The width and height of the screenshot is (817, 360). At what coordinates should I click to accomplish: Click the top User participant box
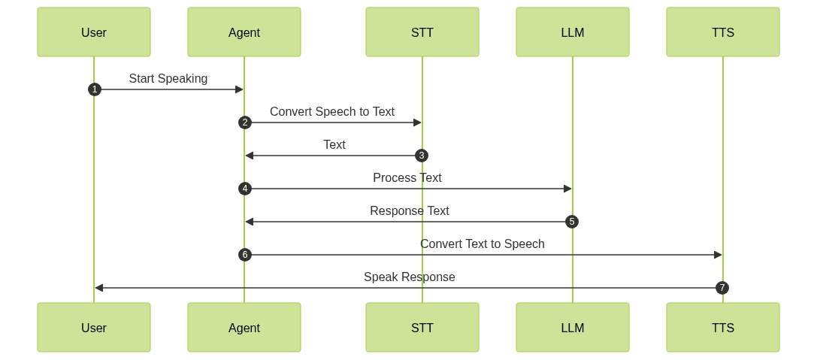coord(94,32)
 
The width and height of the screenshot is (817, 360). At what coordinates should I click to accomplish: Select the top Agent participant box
coord(244,32)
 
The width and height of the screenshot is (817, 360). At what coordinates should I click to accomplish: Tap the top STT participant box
coord(422,32)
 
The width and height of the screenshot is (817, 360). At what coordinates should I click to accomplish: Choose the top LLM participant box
coord(573,32)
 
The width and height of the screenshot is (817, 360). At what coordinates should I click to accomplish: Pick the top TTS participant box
coord(723,32)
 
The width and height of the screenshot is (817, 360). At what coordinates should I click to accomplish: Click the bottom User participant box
coord(94,328)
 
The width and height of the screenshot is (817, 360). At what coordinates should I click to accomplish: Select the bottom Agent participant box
coord(244,328)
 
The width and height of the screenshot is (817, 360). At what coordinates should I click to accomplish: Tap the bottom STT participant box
coord(422,328)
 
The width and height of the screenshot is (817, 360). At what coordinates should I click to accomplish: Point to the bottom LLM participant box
coord(573,328)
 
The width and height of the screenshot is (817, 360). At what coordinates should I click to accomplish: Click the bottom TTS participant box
coord(723,328)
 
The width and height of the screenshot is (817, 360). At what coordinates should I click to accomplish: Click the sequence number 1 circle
coord(94,89)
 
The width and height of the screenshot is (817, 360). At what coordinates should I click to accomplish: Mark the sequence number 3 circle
coord(422,156)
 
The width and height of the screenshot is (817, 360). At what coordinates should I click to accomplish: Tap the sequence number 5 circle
coord(572,222)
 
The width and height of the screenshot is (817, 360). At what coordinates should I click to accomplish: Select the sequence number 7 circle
coord(722,288)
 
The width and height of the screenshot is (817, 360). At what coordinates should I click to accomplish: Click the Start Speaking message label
coord(168,78)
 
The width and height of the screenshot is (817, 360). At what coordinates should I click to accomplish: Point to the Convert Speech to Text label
coord(332,111)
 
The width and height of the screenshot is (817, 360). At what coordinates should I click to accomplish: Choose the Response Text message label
coord(410,210)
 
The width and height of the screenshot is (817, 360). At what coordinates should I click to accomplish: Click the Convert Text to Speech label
coord(483,244)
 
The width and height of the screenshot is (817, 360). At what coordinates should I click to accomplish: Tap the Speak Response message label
coord(410,277)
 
